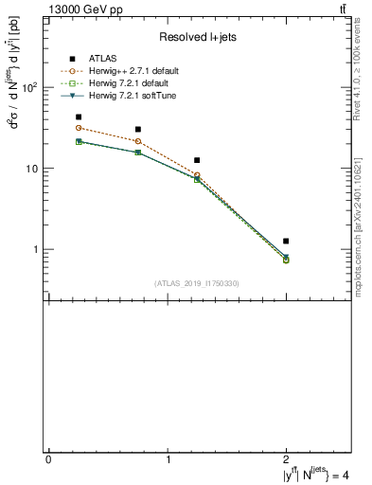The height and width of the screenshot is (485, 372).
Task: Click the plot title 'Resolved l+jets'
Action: click(x=198, y=37)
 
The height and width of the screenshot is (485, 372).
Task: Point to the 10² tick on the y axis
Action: click(x=31, y=87)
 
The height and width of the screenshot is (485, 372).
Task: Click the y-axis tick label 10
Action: click(x=33, y=169)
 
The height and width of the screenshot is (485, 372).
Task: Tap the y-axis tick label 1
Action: click(x=36, y=250)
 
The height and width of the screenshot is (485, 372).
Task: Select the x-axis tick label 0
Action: click(x=48, y=459)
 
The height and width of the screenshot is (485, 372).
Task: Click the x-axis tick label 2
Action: click(x=287, y=459)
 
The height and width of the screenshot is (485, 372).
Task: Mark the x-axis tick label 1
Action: click(x=168, y=459)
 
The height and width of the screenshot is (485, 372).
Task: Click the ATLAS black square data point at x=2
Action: click(x=286, y=242)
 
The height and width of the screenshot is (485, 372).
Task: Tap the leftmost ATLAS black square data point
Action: click(x=79, y=117)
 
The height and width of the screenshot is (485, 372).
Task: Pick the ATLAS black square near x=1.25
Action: click(x=197, y=161)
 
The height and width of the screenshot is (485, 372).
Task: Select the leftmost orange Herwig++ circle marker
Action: click(x=79, y=128)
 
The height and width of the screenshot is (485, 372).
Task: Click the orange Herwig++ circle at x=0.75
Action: click(x=138, y=141)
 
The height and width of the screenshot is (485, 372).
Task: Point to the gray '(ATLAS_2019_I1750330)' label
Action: click(x=196, y=283)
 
